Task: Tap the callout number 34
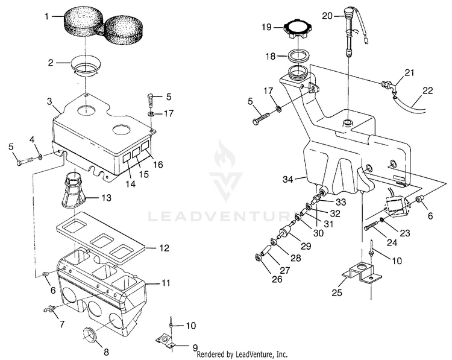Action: point(287,180)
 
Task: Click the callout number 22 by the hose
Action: point(428,90)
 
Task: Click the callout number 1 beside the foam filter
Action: point(46,16)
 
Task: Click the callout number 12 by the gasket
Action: point(165,248)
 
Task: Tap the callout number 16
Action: point(158,165)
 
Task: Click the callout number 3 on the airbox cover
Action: point(49,101)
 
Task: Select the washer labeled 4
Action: point(40,157)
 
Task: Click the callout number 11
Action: point(166,282)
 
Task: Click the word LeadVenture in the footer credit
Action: point(254,353)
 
